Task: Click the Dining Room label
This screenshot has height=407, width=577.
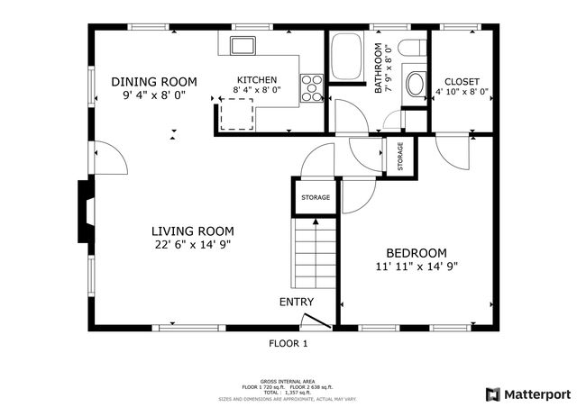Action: click(x=160, y=81)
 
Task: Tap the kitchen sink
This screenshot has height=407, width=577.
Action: click(x=243, y=44)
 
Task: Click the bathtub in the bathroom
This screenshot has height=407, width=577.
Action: click(x=346, y=57)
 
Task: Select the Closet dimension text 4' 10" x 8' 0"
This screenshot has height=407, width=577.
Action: click(x=462, y=91)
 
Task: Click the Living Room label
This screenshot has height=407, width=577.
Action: click(x=192, y=231)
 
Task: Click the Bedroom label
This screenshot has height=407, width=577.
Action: click(x=417, y=253)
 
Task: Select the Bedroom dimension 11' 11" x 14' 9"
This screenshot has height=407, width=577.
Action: click(x=417, y=267)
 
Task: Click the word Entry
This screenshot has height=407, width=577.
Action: click(x=296, y=302)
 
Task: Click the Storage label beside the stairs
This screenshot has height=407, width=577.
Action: click(x=315, y=197)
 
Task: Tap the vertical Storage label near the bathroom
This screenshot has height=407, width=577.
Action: click(x=399, y=158)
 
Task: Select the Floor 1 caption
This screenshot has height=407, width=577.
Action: click(x=288, y=343)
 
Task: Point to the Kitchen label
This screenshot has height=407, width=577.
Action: click(x=257, y=79)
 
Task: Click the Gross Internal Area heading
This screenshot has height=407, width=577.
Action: click(x=288, y=381)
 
